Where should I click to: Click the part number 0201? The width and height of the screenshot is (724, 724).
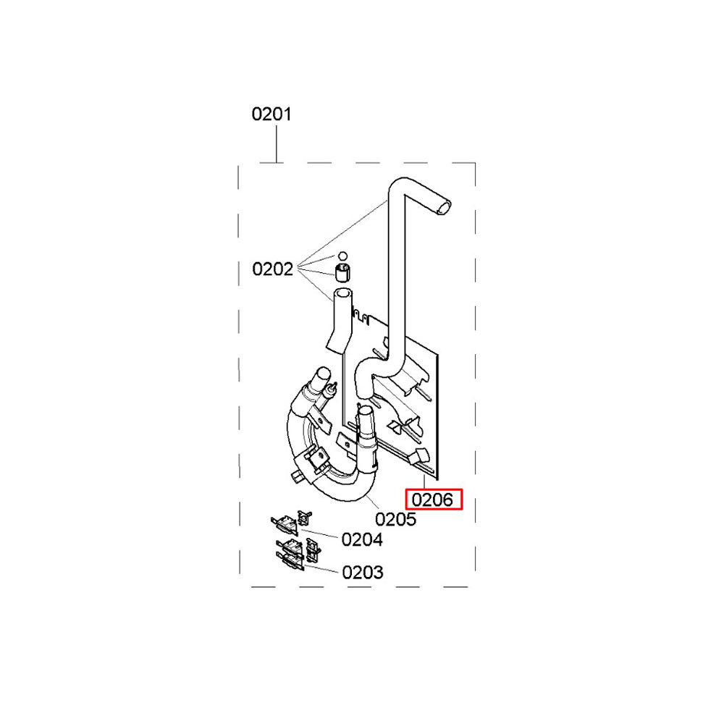(271, 114)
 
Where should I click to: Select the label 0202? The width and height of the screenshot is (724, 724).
(272, 269)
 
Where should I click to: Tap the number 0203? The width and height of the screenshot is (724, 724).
(363, 573)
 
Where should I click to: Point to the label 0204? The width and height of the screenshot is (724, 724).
(362, 539)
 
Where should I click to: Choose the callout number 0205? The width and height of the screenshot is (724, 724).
(396, 519)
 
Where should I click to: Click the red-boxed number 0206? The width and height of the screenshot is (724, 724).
(433, 500)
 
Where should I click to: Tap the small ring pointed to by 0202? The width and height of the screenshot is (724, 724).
(342, 256)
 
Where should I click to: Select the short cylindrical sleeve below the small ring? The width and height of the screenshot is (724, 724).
(342, 272)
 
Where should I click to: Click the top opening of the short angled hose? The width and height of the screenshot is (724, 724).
(342, 292)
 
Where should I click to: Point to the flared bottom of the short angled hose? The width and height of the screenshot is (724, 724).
(336, 345)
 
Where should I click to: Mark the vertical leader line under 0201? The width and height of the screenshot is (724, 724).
(277, 143)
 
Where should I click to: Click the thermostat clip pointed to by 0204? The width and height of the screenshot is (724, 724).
(284, 523)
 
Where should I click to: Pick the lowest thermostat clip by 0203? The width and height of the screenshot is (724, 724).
(290, 561)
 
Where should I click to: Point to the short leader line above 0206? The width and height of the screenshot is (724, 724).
(424, 482)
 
